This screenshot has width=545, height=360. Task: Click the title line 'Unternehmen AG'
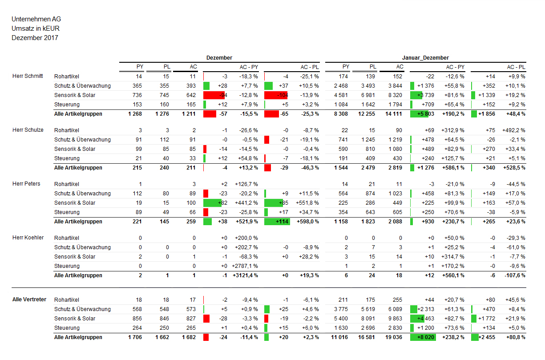pos(36,19)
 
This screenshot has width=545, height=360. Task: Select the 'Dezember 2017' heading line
pos(35,38)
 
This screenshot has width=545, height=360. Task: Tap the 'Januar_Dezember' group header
pos(425,58)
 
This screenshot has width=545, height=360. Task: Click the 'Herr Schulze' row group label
pos(28,130)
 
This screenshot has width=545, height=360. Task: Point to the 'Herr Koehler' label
pos(28,238)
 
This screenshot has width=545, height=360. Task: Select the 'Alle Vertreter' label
pos(29,299)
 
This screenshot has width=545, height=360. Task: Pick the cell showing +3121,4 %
pos(245,275)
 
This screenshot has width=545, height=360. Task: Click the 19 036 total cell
pos(393,337)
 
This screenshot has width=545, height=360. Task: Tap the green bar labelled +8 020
pos(423,337)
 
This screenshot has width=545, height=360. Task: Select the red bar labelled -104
pos(276,95)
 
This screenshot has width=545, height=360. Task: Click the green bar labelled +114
pos(277,222)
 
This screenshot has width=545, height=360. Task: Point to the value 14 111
pos(393,114)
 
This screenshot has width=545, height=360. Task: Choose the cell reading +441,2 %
pos(246,203)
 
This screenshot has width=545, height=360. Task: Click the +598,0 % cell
pos(308,222)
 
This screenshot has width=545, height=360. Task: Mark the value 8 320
pos(395,95)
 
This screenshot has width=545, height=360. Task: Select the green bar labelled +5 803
pos(419,114)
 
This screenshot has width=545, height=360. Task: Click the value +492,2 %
pos(514,130)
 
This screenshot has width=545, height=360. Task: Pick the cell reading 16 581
pos(367,337)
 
